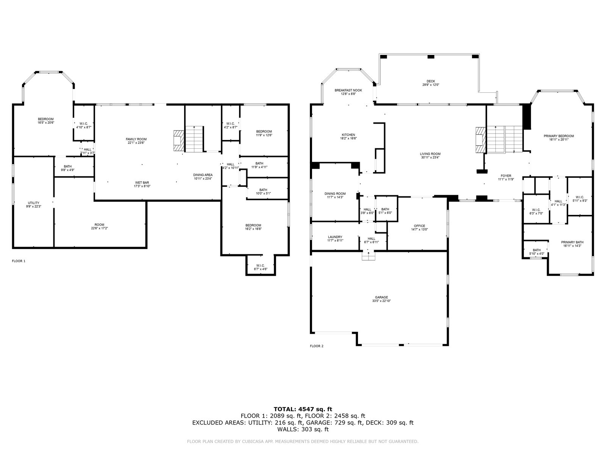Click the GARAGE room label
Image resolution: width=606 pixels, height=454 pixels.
click(x=381, y=297)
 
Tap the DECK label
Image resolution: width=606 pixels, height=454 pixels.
click(x=431, y=81)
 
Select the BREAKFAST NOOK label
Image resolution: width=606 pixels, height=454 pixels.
click(x=348, y=90)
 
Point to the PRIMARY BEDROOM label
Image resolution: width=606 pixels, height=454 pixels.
click(x=559, y=136)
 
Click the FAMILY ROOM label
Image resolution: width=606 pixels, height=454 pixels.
click(x=136, y=139)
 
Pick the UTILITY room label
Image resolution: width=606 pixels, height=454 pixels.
click(x=34, y=203)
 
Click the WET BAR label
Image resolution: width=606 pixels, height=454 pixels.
click(x=142, y=182)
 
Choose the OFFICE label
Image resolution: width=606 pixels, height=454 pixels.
click(x=419, y=226)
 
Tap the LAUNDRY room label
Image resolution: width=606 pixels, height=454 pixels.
click(x=335, y=237)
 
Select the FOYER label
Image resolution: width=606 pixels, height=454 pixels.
click(x=506, y=176)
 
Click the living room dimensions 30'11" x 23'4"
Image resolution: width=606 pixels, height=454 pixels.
click(x=430, y=157)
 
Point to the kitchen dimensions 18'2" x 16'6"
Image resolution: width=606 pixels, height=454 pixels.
click(x=348, y=138)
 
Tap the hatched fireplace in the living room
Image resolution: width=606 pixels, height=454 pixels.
click(x=481, y=140)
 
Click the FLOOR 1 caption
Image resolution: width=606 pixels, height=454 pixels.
click(x=19, y=261)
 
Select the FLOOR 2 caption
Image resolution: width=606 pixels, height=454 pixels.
click(x=316, y=346)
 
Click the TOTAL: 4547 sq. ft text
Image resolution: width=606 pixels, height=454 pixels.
click(x=303, y=409)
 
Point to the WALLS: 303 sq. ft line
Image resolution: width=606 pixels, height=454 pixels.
click(x=303, y=429)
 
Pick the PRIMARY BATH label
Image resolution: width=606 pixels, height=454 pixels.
click(x=572, y=242)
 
